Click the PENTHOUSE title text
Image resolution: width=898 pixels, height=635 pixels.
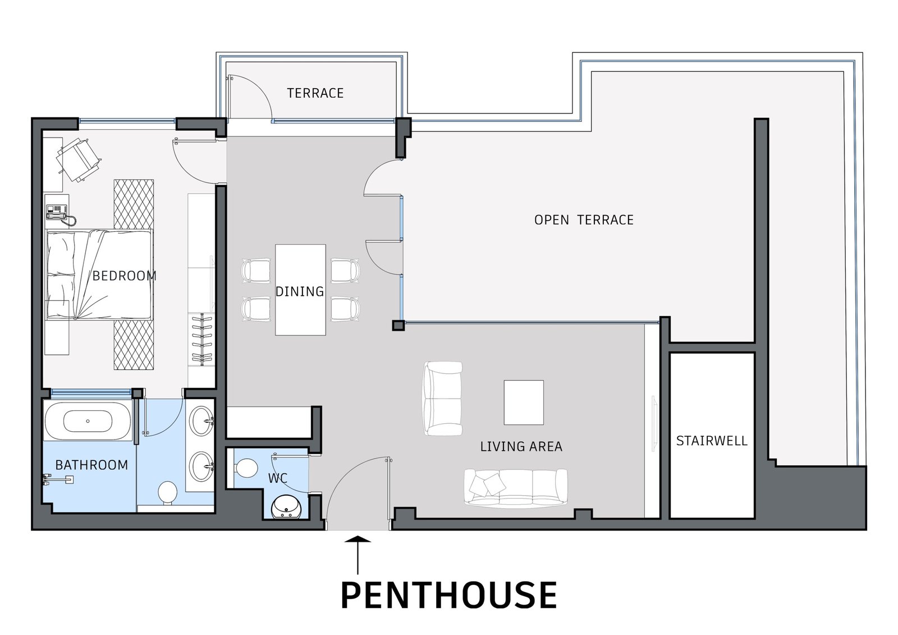tap(448, 595)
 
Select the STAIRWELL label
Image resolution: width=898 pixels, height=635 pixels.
tap(712, 441)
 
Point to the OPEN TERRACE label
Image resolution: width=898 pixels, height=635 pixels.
tap(584, 220)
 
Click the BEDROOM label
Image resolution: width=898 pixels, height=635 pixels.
tap(124, 276)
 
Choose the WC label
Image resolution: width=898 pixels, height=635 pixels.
tap(278, 478)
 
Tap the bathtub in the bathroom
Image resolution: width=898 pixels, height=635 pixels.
tap(88, 421)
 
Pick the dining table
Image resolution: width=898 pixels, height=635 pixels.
tap(300, 290)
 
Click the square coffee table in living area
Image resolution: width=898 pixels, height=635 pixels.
tap(524, 403)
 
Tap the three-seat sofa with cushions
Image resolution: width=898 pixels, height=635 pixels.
tap(516, 486)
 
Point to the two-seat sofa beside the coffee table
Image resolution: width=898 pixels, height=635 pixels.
tap(443, 398)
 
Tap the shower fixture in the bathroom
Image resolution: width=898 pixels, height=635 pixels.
tap(58, 479)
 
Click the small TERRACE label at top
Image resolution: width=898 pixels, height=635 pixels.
tap(315, 93)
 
